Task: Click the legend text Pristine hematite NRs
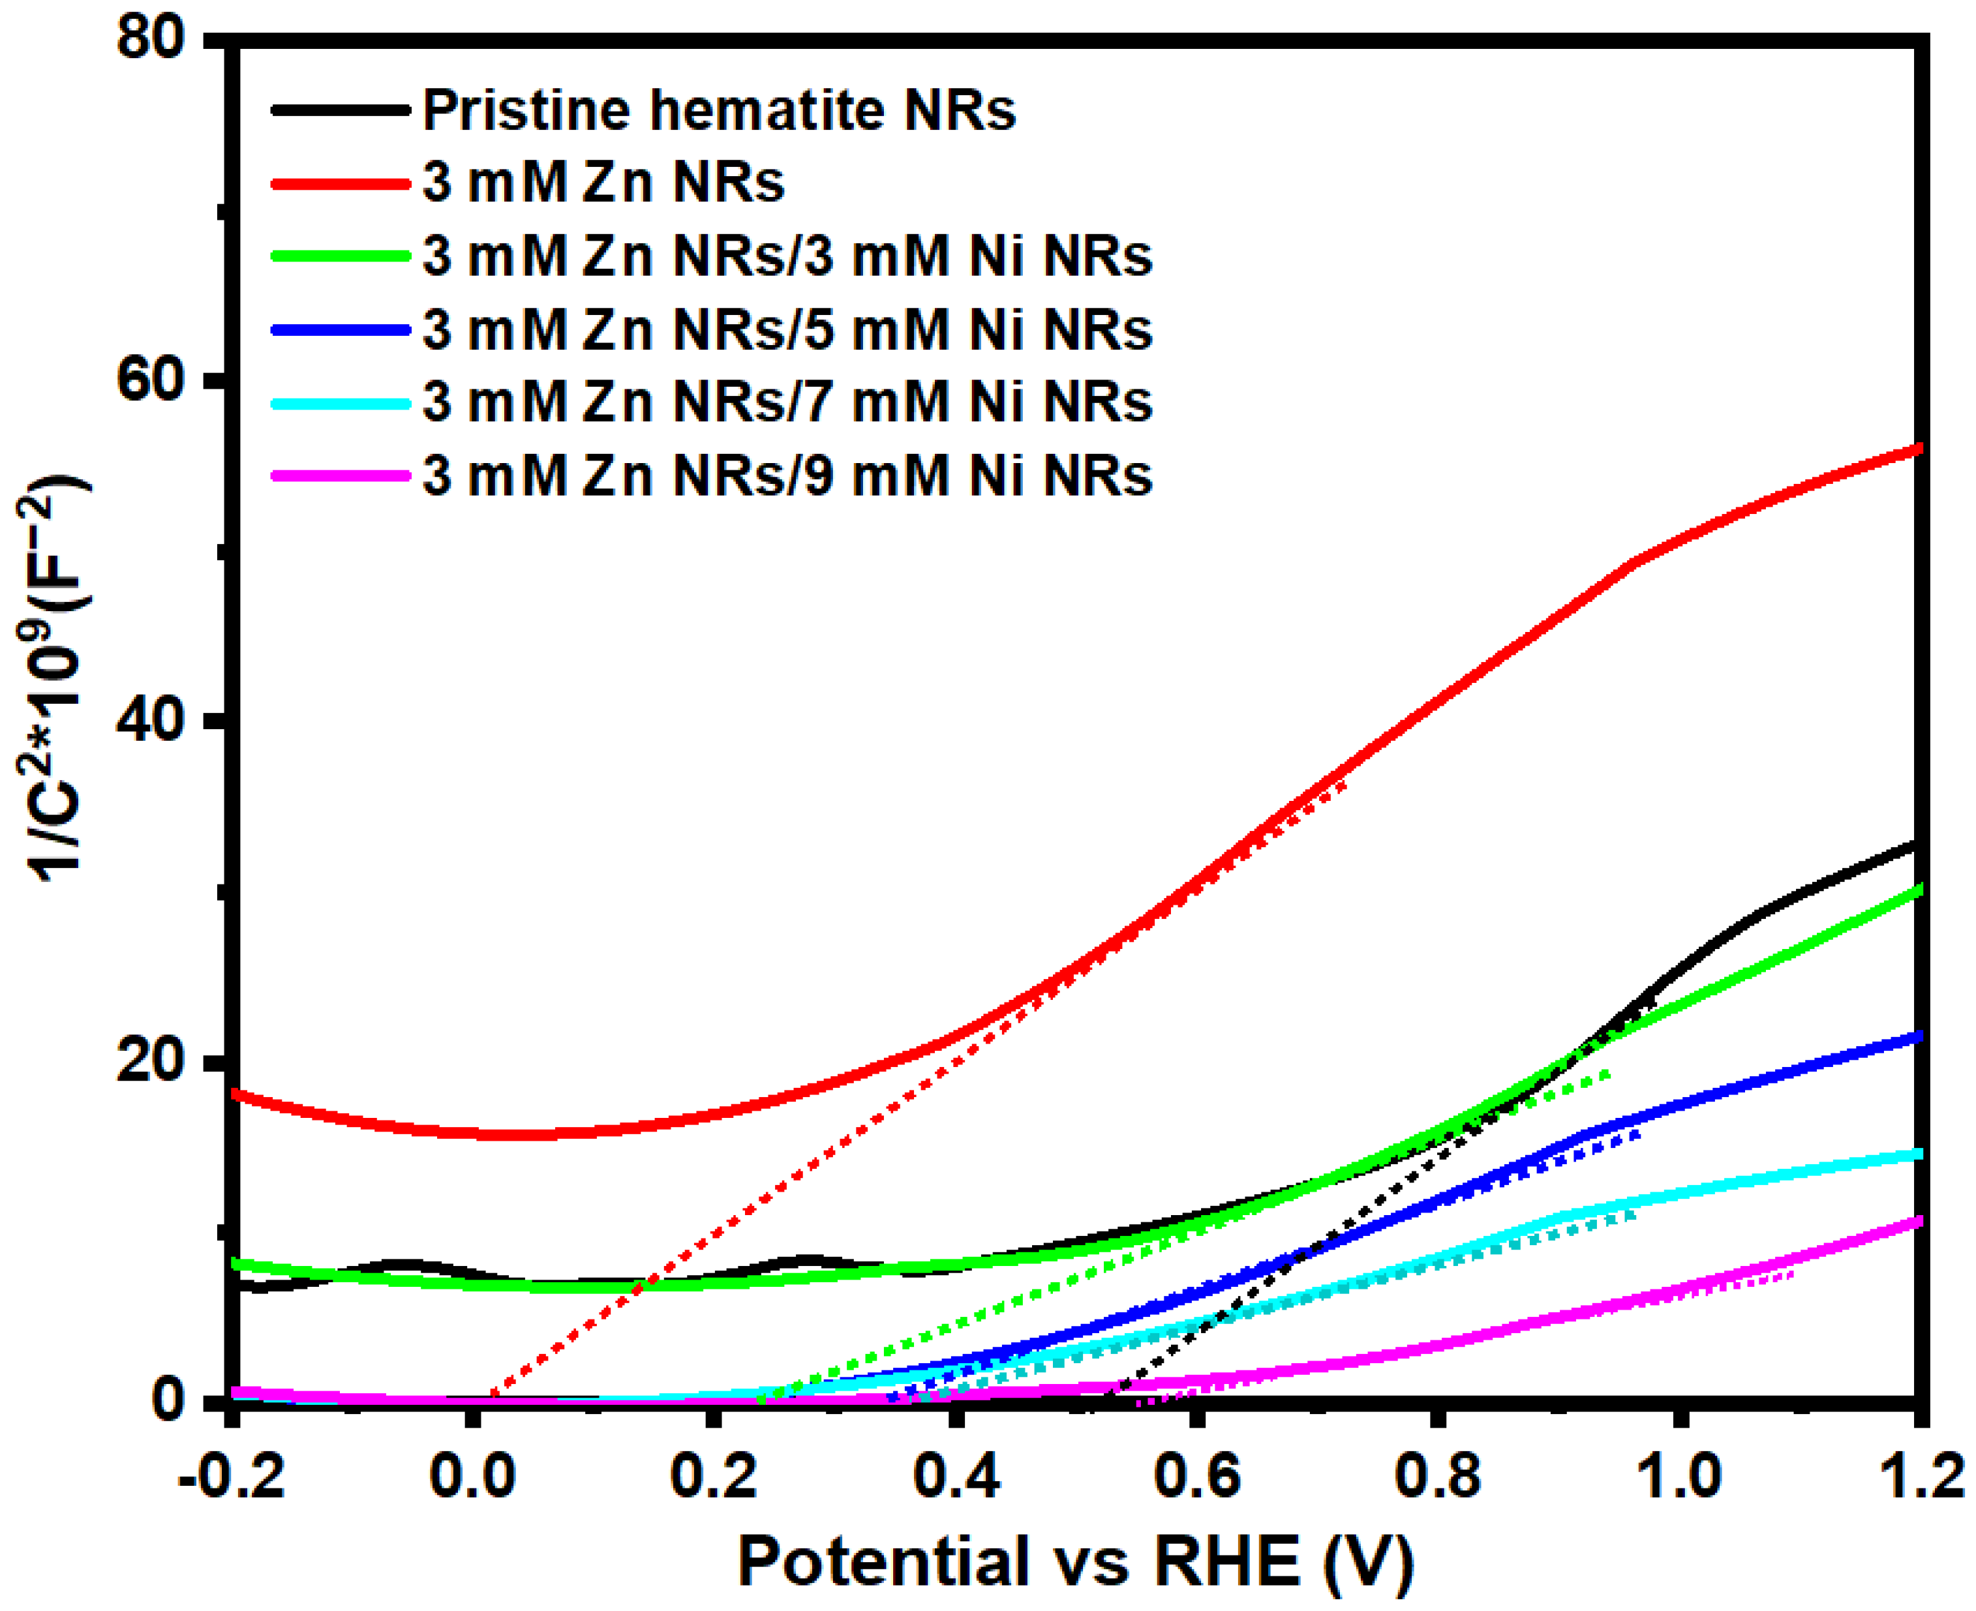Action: pyautogui.click(x=720, y=110)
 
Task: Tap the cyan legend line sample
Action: pyautogui.click(x=341, y=404)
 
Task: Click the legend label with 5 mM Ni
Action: pyautogui.click(x=787, y=329)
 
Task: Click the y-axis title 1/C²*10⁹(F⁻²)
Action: pyautogui.click(x=55, y=678)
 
